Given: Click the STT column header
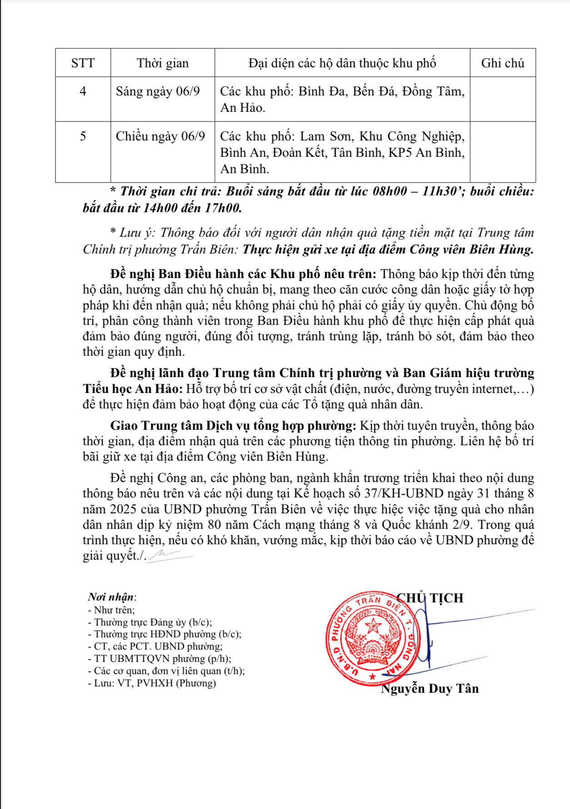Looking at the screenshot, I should [83, 63].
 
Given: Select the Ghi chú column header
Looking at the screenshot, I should [502, 63].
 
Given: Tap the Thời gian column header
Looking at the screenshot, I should [163, 63].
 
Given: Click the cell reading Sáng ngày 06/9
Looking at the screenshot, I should [158, 91].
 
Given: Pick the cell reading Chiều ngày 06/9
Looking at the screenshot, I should [160, 136].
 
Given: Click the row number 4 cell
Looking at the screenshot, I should [83, 91].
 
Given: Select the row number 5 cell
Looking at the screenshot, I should [83, 136].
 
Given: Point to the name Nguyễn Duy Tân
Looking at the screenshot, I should [430, 689].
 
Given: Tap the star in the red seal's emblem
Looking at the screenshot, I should [373, 625].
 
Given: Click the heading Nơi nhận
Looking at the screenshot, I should [112, 597].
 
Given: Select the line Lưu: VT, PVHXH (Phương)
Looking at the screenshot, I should [152, 683].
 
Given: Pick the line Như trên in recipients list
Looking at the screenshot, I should [111, 610].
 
